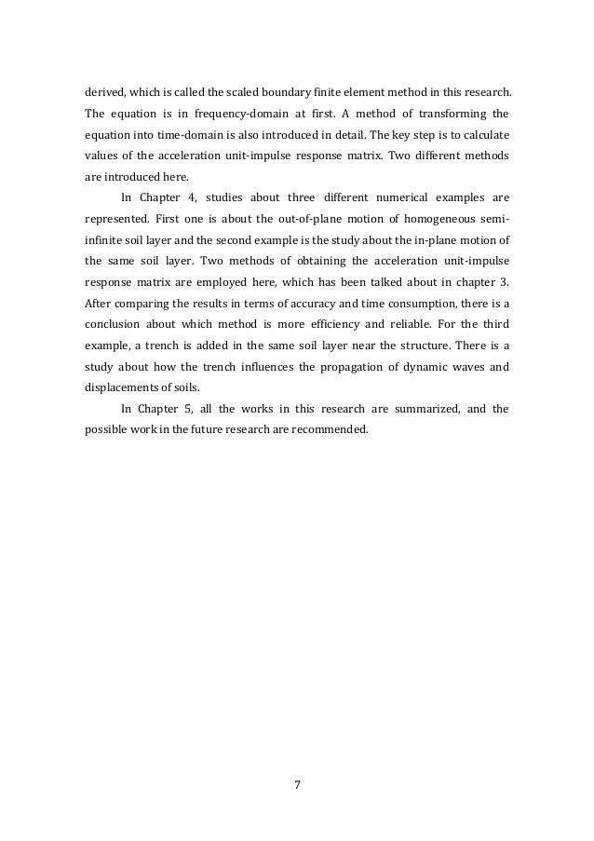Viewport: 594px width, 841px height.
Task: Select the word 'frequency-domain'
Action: pos(238,115)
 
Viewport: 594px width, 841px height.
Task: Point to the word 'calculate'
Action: pos(481,135)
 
